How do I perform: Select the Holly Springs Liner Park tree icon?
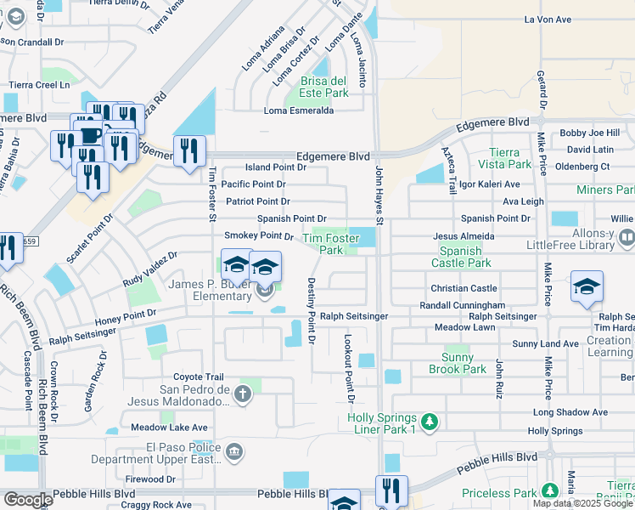(x=430, y=421)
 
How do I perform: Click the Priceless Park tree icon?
(x=550, y=491)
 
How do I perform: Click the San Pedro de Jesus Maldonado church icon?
(x=243, y=394)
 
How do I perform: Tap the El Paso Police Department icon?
(x=236, y=450)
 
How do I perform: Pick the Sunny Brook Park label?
(x=464, y=364)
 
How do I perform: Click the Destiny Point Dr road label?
(x=312, y=310)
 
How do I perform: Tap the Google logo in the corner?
(x=27, y=500)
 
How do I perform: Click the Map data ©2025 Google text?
(x=582, y=503)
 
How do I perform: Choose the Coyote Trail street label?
(x=198, y=377)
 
